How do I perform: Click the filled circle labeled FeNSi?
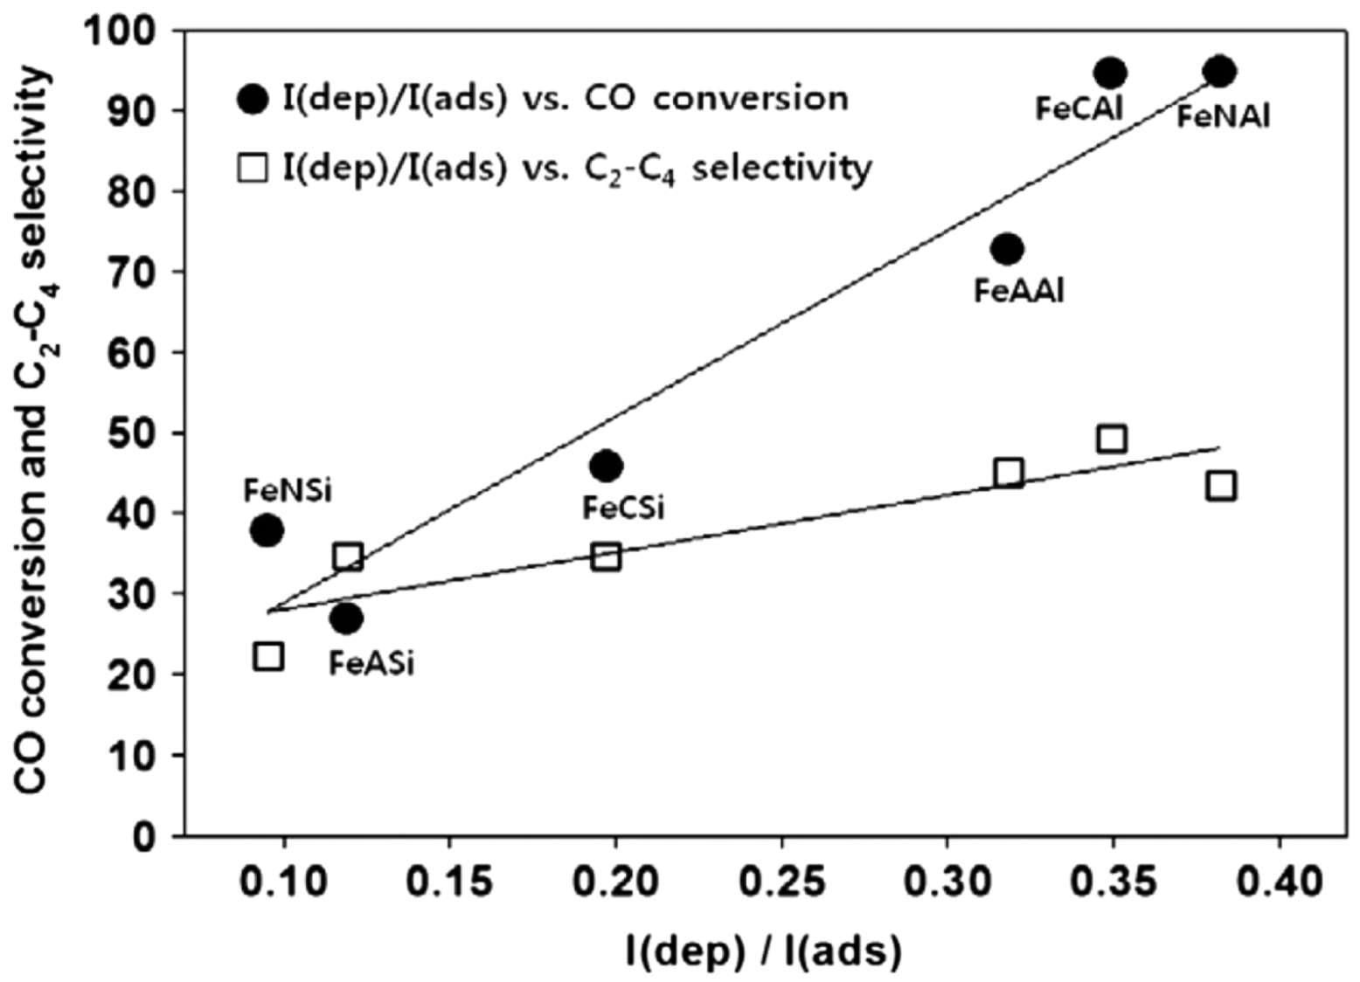point(267,529)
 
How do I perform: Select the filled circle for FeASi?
point(346,619)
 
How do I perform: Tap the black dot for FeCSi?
point(606,466)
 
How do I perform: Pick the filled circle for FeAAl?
point(1007,249)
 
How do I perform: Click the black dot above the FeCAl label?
point(1110,73)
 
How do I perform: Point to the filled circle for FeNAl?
point(1219,72)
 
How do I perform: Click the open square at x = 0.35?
point(1111,439)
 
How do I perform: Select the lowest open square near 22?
point(268,656)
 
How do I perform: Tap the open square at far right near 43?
point(1220,486)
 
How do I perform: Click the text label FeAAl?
point(1018,291)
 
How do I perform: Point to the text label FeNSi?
point(288,491)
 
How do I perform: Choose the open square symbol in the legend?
point(253,168)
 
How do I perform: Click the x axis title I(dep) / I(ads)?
point(762,951)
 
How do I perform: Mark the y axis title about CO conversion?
point(33,432)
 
